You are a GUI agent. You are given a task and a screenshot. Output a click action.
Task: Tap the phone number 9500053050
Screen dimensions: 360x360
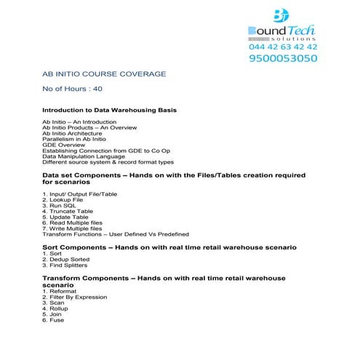click(x=282, y=59)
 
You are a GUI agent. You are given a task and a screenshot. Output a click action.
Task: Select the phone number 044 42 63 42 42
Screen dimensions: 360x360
click(x=282, y=46)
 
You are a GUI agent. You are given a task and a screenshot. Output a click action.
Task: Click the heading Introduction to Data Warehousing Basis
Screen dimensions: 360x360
click(x=109, y=110)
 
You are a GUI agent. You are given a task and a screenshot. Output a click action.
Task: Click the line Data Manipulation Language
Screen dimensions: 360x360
click(x=90, y=156)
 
